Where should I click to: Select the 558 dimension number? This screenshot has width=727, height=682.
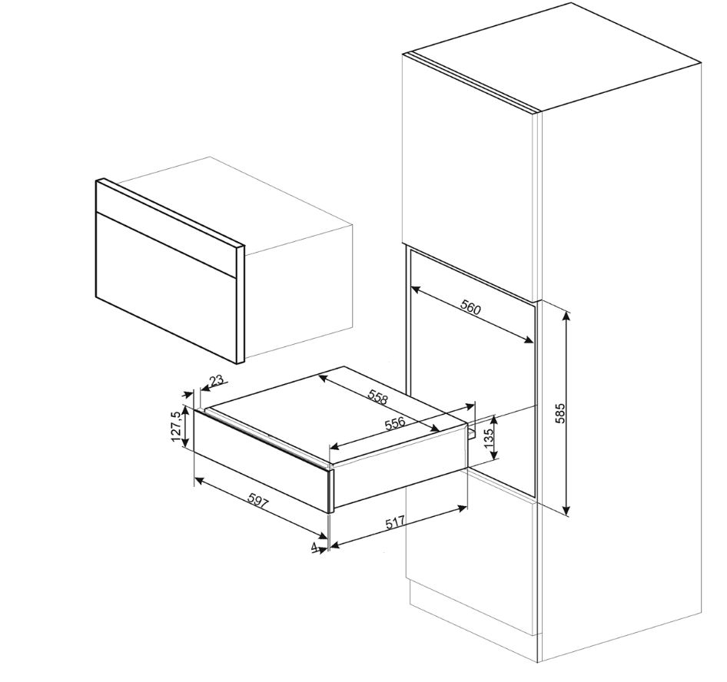pyautogui.click(x=377, y=396)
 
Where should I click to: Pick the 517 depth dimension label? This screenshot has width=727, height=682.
pyautogui.click(x=396, y=522)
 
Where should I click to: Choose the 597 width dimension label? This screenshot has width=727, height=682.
pyautogui.click(x=257, y=502)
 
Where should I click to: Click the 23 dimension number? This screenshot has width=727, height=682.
pyautogui.click(x=217, y=381)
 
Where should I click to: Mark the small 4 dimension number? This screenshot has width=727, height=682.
pyautogui.click(x=315, y=547)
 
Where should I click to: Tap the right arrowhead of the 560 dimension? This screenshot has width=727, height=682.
pyautogui.click(x=528, y=340)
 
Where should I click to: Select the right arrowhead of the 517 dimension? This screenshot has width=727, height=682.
pyautogui.click(x=463, y=508)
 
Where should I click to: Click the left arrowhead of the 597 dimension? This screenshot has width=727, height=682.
pyautogui.click(x=199, y=480)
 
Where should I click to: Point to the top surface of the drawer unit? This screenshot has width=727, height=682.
pyautogui.click(x=338, y=412)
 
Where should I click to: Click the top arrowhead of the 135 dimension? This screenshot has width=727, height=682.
pyautogui.click(x=494, y=420)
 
